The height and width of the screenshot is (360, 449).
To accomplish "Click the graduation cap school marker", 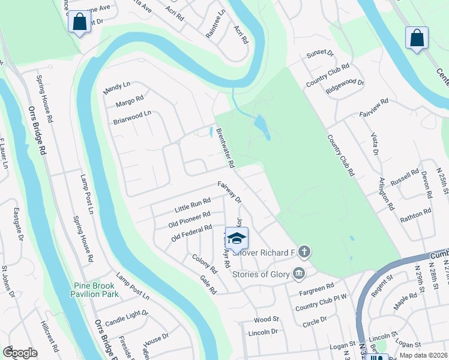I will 237,238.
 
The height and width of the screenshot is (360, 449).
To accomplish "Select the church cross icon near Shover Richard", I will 304,252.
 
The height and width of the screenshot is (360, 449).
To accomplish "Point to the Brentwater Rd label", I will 225,148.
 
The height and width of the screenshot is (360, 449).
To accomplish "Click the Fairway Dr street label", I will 229,191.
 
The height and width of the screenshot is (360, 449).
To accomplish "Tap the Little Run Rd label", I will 192,205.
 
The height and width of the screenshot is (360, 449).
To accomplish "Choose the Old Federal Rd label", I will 192,232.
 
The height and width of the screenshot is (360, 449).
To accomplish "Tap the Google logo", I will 20,353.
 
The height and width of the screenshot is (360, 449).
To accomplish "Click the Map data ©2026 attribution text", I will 423,355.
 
